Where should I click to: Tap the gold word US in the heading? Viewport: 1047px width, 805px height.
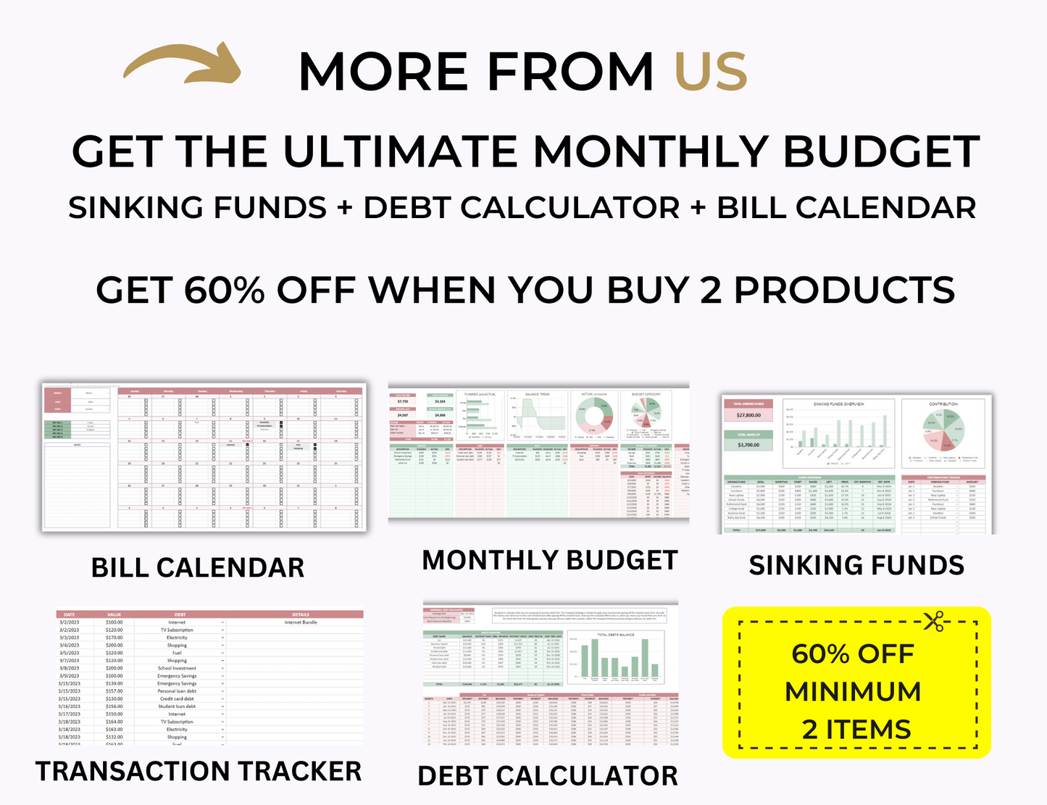(710, 72)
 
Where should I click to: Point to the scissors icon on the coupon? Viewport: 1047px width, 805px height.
(933, 620)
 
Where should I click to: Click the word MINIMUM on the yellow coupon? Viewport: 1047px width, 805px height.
(853, 691)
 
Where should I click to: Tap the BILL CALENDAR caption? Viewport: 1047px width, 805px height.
(197, 567)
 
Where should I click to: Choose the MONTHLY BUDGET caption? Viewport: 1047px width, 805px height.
(549, 560)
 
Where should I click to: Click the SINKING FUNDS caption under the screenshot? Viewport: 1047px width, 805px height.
(856, 565)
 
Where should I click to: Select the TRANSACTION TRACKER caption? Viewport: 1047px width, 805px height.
(198, 771)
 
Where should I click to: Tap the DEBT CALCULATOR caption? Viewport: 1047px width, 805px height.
(548, 775)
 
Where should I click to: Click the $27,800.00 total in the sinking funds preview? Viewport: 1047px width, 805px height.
(748, 415)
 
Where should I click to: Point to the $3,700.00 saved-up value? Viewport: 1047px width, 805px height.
(748, 445)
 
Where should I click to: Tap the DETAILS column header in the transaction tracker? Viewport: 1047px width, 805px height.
(301, 614)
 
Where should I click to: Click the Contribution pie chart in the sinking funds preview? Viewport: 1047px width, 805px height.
(943, 433)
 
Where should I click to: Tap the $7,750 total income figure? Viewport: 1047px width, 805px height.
(403, 401)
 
